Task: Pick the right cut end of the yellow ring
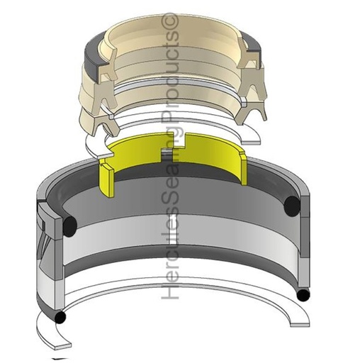point(243,168)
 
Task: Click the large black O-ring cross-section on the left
point(70,226)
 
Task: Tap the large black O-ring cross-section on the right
point(293,206)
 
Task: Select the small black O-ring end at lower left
point(60,317)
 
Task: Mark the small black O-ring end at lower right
point(303,295)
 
